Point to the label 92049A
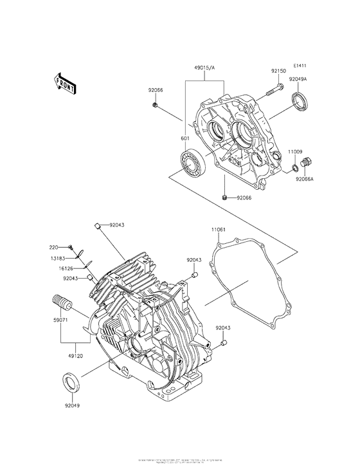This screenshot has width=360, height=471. pyautogui.click(x=298, y=79)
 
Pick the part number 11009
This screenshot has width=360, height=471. pyautogui.click(x=295, y=151)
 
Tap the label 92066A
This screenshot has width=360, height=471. pyautogui.click(x=305, y=180)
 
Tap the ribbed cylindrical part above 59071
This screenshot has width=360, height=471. pyautogui.click(x=60, y=301)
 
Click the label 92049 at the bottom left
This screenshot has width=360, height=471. pyautogui.click(x=73, y=406)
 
